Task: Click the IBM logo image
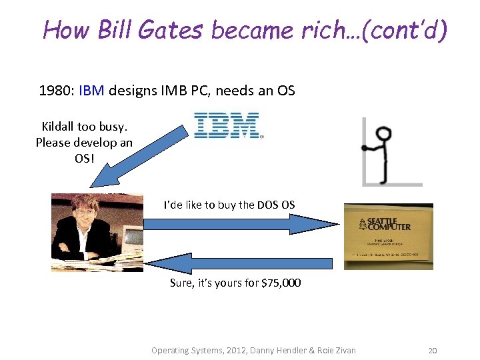point(226,125)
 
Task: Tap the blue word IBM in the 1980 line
point(91,91)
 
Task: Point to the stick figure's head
point(383,133)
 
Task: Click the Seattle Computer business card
point(388,237)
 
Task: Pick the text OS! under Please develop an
point(84,159)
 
